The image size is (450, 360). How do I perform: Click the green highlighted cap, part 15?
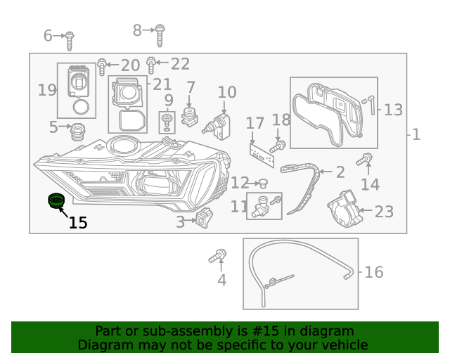[55, 202]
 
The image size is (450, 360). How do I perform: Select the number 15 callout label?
[77, 224]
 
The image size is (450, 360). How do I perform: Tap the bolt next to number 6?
[70, 40]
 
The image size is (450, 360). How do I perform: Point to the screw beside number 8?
[160, 34]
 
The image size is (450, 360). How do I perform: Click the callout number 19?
[47, 91]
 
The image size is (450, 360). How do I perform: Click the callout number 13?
[393, 110]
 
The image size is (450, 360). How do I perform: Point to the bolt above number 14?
[366, 160]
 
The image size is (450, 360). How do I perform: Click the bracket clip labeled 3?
[205, 220]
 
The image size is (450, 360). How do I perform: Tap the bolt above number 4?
[219, 256]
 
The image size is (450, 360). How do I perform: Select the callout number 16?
[374, 272]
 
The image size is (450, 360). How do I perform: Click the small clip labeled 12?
[263, 184]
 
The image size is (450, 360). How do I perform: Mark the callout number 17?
[255, 124]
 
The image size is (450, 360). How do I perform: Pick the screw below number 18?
[278, 146]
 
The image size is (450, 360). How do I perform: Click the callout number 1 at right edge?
[416, 134]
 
